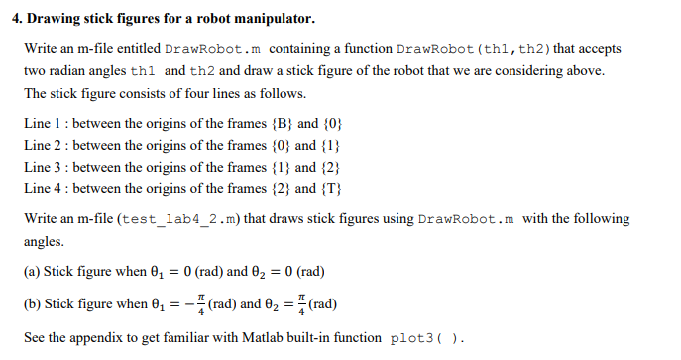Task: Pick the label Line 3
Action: [x=43, y=167]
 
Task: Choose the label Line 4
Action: [x=43, y=188]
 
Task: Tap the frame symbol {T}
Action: [x=332, y=188]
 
